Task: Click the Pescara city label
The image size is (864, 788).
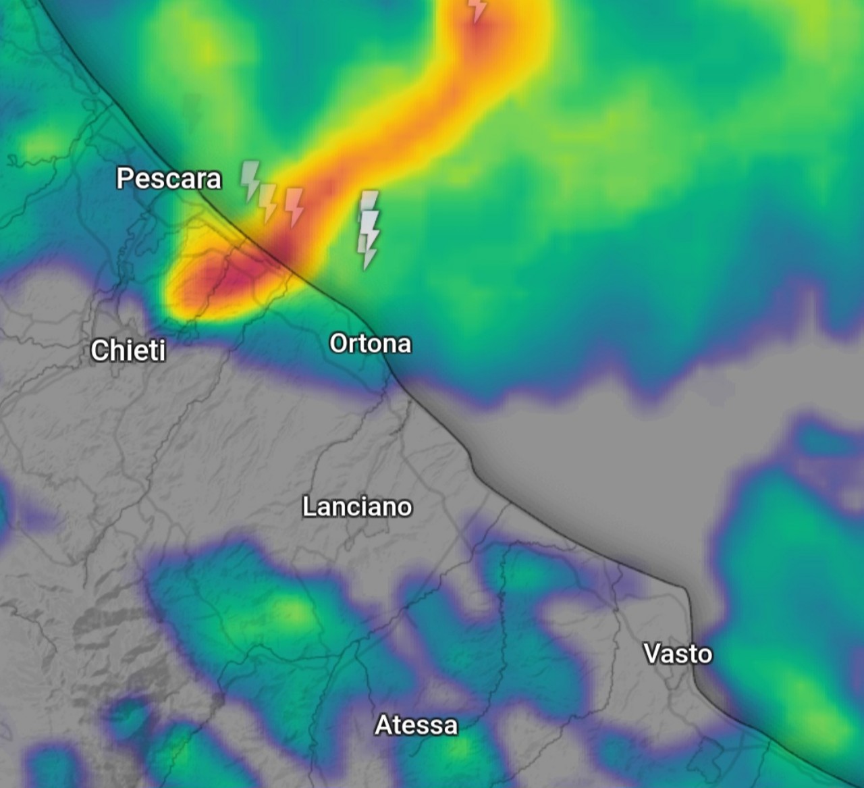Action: click(x=169, y=178)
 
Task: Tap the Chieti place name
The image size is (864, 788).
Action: click(x=128, y=350)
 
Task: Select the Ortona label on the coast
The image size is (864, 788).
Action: click(x=370, y=343)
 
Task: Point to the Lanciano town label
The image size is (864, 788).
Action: click(x=356, y=506)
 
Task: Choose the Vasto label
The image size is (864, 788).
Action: click(x=678, y=654)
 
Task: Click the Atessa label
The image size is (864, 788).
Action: click(x=416, y=725)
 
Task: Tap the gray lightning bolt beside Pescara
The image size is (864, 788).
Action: click(x=250, y=180)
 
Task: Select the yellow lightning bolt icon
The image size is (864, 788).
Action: click(x=268, y=202)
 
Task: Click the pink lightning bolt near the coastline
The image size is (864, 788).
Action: click(x=295, y=206)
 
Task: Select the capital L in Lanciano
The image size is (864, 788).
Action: click(x=308, y=506)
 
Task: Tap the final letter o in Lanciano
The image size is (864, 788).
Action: click(x=404, y=507)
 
